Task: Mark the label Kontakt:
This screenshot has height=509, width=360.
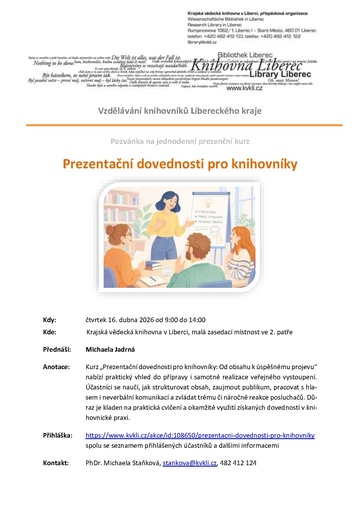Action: (x=55, y=464)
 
